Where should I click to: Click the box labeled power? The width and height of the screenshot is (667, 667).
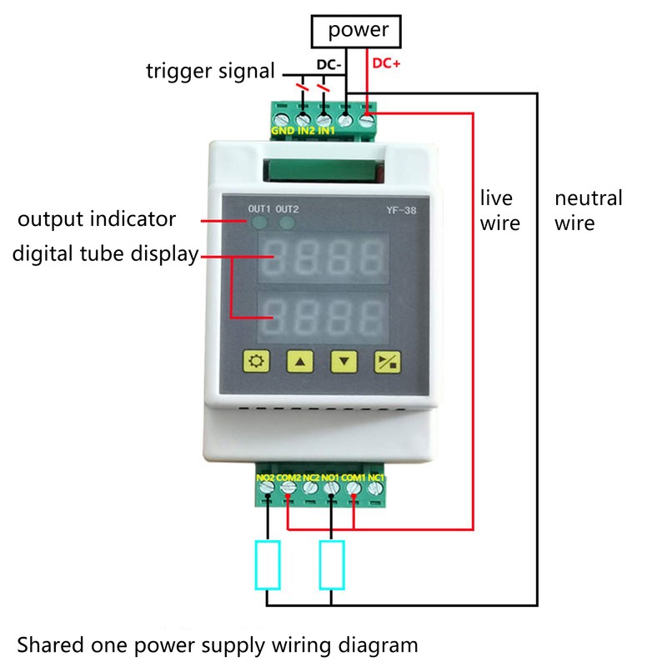pos(358,32)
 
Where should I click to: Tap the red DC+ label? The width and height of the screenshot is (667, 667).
pos(385,63)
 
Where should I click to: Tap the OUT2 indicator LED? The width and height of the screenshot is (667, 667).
pos(288,223)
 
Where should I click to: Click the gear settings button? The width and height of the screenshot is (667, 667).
pos(255,361)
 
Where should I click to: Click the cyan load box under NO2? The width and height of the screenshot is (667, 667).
pos(268,564)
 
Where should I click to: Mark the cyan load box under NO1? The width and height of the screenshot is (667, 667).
pos(332,564)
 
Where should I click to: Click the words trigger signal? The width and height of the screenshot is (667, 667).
pos(210,71)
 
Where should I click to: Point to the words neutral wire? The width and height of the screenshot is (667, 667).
pos(588,210)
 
